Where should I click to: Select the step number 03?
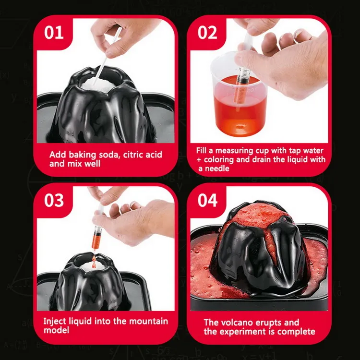pos(54,200)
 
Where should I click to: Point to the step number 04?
pos(208,200)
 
